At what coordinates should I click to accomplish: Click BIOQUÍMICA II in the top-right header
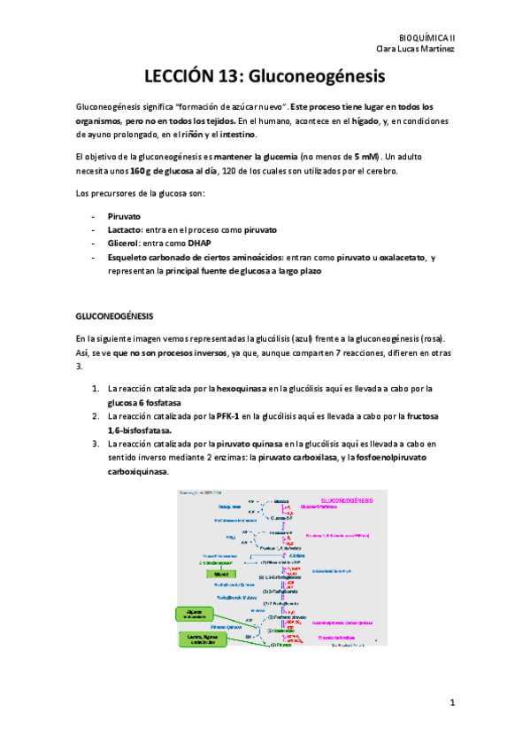[x=427, y=39]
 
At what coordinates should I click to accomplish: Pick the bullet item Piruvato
[x=125, y=215]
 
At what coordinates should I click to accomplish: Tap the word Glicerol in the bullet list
[x=124, y=243]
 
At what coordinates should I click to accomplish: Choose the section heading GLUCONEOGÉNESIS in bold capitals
[x=115, y=314]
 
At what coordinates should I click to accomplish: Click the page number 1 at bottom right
[x=451, y=703]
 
